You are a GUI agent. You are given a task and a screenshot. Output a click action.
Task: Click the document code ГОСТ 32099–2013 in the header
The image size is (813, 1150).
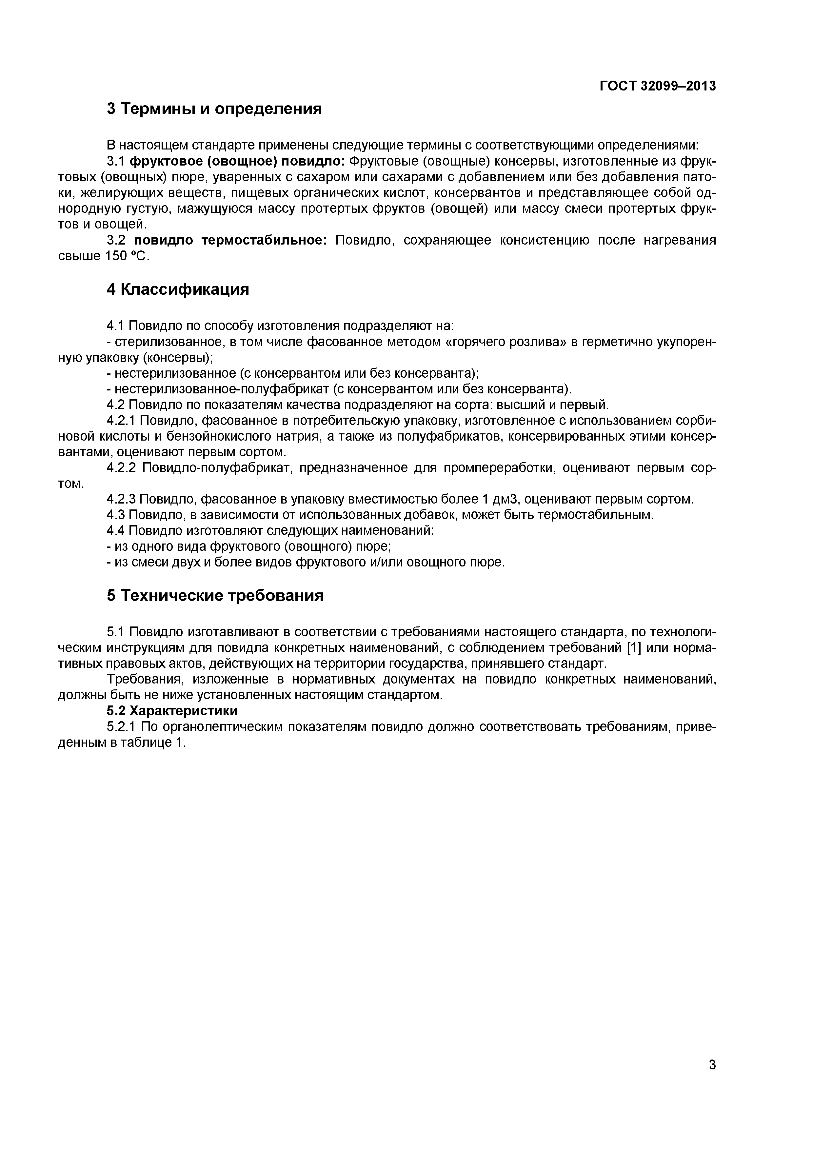click(658, 86)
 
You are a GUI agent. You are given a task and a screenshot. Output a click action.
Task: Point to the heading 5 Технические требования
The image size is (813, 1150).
click(215, 596)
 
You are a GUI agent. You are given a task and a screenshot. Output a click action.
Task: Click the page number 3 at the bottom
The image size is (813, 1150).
click(712, 1079)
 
